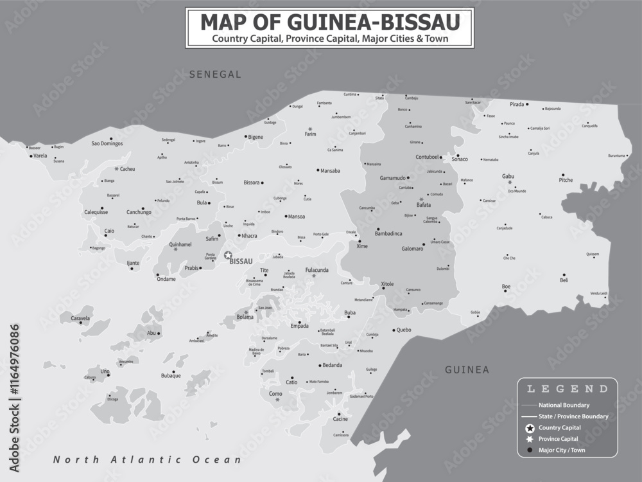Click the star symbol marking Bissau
click(x=228, y=255)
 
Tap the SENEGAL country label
click(x=215, y=75)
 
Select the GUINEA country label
click(x=467, y=370)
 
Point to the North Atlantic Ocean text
click(x=147, y=460)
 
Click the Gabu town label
click(x=508, y=176)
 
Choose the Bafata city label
click(x=424, y=205)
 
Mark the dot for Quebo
click(x=394, y=331)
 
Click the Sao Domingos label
click(x=107, y=143)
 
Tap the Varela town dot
click(x=31, y=156)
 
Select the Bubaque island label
click(x=171, y=375)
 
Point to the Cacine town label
click(x=340, y=419)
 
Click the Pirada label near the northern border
click(x=516, y=104)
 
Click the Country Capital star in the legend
click(x=530, y=428)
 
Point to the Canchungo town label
click(x=139, y=212)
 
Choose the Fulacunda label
click(x=317, y=270)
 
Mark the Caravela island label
click(x=80, y=318)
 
